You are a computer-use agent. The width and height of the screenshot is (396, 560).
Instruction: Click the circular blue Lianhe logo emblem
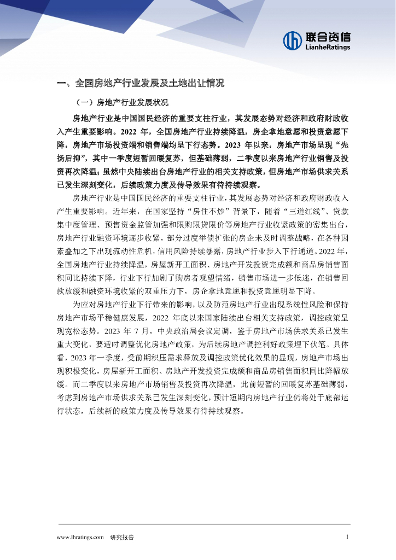[x=293, y=40]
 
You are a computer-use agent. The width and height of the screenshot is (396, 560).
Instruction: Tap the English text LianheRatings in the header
[x=327, y=48]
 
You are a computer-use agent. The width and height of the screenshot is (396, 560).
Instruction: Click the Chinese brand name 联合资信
[x=328, y=37]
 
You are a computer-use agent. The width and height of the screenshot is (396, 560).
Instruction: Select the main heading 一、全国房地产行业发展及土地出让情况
[x=141, y=83]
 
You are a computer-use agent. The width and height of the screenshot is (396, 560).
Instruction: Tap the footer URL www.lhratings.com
[x=80, y=537]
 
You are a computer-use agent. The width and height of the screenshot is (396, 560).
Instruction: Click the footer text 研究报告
[x=122, y=537]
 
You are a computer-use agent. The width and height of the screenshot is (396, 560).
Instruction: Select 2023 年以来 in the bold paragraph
[x=252, y=145]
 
